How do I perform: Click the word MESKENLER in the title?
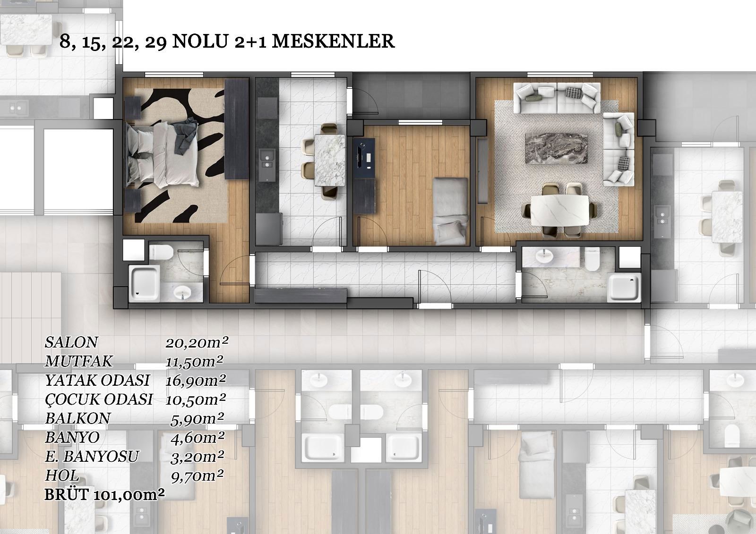[333, 41]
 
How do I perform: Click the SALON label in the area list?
[71, 342]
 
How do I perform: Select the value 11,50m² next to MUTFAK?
[194, 361]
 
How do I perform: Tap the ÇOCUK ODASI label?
[99, 399]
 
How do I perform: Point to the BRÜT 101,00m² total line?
[104, 495]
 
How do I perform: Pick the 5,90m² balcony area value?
[197, 419]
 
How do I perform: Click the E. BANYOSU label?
[92, 457]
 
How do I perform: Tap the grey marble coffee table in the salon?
[557, 148]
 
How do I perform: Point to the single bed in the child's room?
[450, 211]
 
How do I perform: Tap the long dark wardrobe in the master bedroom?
[237, 129]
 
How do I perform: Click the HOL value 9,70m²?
[197, 475]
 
